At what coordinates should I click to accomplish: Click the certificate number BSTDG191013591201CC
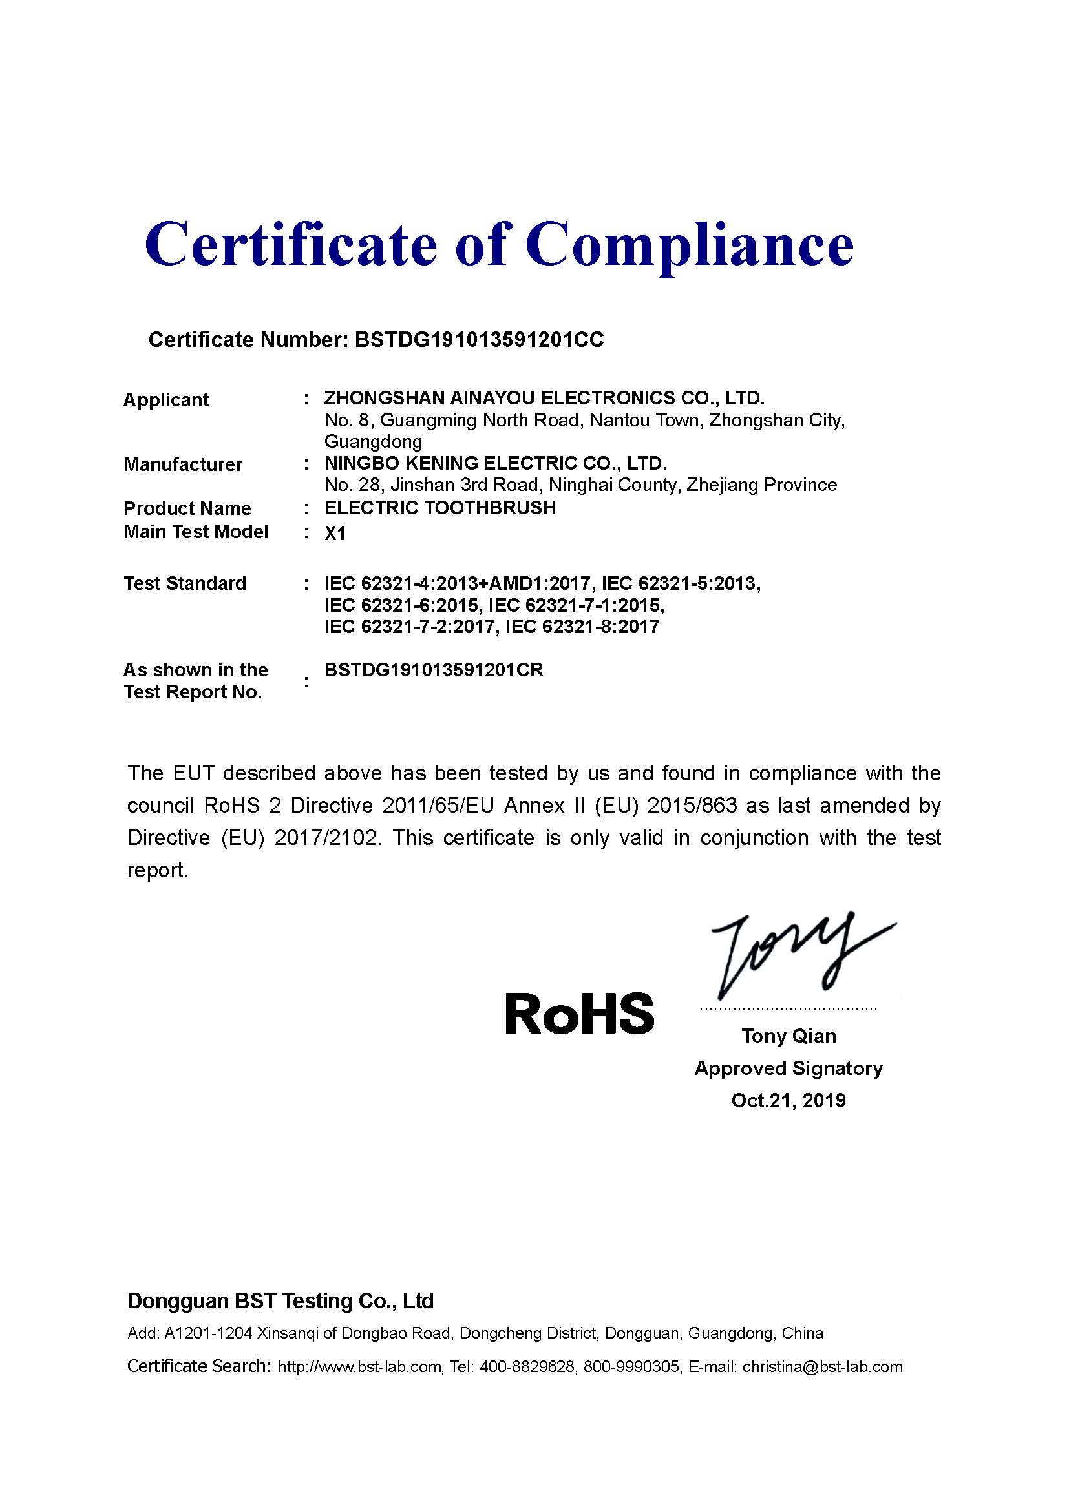click(479, 340)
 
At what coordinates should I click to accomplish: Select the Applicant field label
click(166, 399)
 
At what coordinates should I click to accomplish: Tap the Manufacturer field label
click(183, 464)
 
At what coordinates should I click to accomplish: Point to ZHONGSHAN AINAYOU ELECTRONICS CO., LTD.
click(544, 398)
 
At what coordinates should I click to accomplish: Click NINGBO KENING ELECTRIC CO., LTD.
click(496, 463)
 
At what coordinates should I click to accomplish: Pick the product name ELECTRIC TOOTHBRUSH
click(440, 507)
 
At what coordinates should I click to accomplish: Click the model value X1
click(335, 534)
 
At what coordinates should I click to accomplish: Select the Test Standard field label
click(185, 583)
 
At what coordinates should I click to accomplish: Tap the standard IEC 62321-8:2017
click(582, 627)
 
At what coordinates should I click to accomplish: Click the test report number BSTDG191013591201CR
click(434, 670)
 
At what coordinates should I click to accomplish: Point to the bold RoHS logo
click(579, 1014)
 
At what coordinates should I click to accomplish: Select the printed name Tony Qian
click(789, 1036)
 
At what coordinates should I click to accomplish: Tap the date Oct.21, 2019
click(789, 1100)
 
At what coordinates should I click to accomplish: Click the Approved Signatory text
click(789, 1068)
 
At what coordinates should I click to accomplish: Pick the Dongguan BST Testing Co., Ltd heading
click(280, 1300)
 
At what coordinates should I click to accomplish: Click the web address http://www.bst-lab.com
click(359, 1367)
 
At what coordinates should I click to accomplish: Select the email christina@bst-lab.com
click(822, 1367)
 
